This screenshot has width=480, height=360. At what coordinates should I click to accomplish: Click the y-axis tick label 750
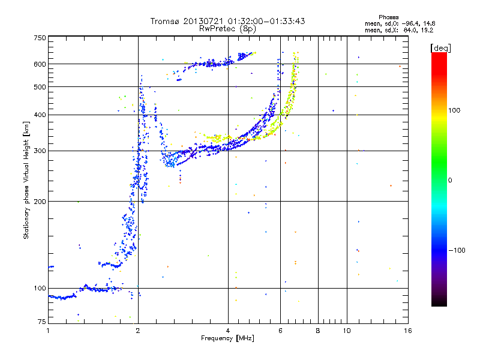pyautogui.click(x=40, y=37)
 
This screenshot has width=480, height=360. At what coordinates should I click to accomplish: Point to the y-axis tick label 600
pyautogui.click(x=40, y=64)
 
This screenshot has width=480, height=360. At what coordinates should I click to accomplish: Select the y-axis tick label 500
pyautogui.click(x=40, y=87)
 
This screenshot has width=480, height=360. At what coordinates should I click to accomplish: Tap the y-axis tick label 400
pyautogui.click(x=40, y=115)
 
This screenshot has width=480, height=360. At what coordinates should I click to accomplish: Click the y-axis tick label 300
pyautogui.click(x=40, y=151)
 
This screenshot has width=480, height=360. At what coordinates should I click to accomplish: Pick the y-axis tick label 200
pyautogui.click(x=40, y=201)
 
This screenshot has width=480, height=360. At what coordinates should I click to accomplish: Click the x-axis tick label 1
pyautogui.click(x=48, y=330)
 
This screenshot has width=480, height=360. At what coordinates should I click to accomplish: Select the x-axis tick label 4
pyautogui.click(x=228, y=330)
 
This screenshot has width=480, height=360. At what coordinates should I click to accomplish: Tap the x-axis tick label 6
pyautogui.click(x=280, y=330)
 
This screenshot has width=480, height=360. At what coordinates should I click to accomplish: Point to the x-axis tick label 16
pyautogui.click(x=407, y=330)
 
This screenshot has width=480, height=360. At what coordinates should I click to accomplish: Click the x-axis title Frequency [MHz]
pyautogui.click(x=228, y=338)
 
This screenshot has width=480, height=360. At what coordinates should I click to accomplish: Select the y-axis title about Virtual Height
pyautogui.click(x=26, y=180)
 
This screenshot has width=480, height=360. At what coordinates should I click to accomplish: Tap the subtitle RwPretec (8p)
pyautogui.click(x=228, y=28)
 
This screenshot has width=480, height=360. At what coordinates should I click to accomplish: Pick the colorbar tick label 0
pyautogui.click(x=449, y=180)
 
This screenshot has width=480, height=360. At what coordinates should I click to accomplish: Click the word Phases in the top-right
pyautogui.click(x=389, y=17)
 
